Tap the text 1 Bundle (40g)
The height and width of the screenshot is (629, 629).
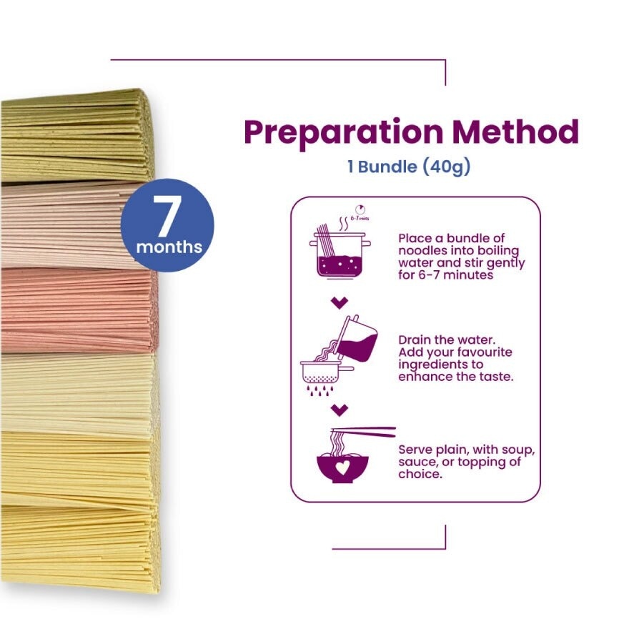pyautogui.click(x=409, y=167)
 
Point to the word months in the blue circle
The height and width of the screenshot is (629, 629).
pyautogui.click(x=169, y=247)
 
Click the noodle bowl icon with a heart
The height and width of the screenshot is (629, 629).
pyautogui.click(x=342, y=464)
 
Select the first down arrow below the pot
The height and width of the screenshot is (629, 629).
pyautogui.click(x=340, y=303)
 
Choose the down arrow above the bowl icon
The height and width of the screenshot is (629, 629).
pyautogui.click(x=340, y=410)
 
